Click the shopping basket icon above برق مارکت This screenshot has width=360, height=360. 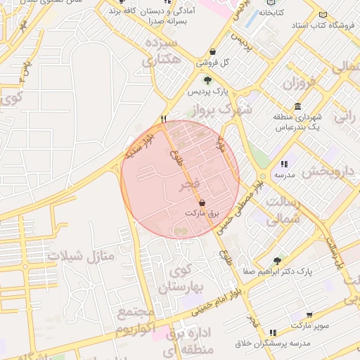click(x=202, y=202)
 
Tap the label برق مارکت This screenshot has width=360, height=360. click(x=203, y=212)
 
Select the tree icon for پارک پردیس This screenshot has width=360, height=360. click(x=207, y=81)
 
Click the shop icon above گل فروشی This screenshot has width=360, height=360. click(x=213, y=52)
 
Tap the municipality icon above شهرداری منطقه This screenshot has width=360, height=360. click(x=298, y=106)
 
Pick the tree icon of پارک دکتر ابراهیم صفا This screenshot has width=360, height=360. click(x=277, y=260)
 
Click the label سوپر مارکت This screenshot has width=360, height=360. click(x=307, y=326)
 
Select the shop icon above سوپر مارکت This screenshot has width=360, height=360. click(x=309, y=315)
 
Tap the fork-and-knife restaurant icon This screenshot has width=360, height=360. click(x=164, y=119)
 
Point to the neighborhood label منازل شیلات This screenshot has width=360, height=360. click(x=81, y=256)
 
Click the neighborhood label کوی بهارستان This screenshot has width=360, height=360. click(x=179, y=281)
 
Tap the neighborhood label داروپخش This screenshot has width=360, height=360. click(x=330, y=172)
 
